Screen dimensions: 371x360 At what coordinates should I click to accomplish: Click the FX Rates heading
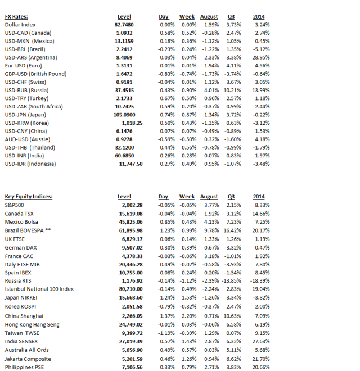pos(16,17)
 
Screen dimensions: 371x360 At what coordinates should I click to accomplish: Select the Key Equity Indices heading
pos(28,197)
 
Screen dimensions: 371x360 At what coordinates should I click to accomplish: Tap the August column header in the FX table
pos(209,17)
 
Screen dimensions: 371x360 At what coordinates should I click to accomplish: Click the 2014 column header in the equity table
pos(259,197)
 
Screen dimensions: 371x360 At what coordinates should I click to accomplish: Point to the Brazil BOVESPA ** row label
pos(31,232)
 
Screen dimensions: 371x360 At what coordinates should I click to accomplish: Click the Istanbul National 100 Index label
pos(39,289)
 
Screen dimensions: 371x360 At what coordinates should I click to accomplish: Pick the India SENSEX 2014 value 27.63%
pos(260,341)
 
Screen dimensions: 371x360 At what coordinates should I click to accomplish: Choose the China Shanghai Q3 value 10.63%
pos(232,316)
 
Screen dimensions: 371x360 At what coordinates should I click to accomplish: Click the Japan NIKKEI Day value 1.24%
pos(163,297)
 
